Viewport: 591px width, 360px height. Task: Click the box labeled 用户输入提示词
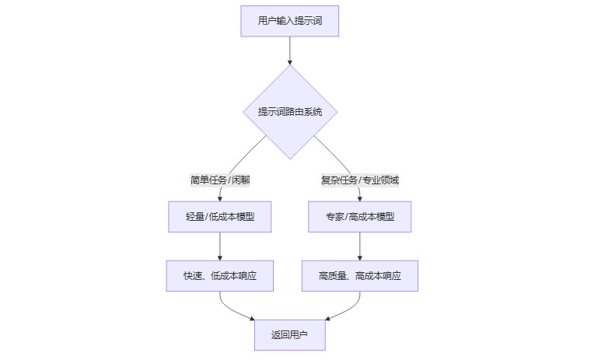(289, 21)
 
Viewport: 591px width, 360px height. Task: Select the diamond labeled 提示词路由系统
(289, 112)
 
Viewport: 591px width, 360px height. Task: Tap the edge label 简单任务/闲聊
(220, 180)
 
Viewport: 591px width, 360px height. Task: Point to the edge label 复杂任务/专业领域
(359, 180)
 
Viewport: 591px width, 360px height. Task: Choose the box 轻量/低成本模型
(220, 217)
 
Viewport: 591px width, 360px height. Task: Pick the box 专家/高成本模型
(359, 217)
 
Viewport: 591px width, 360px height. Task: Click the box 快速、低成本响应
(220, 275)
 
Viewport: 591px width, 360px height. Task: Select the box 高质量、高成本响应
(359, 275)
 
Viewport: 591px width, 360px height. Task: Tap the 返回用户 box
(289, 335)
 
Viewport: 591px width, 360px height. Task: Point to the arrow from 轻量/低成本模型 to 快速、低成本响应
(220, 245)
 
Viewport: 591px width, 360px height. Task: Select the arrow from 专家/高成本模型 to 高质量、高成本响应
(359, 245)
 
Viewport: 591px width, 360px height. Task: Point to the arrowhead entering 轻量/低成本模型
(220, 198)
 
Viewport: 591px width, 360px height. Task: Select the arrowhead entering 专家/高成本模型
(359, 198)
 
